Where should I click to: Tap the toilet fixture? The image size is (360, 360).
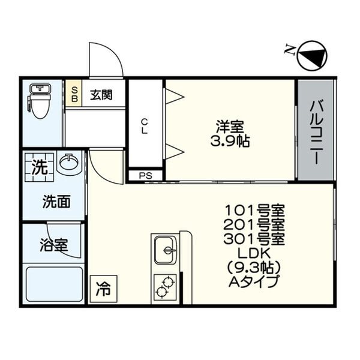coord(40,102)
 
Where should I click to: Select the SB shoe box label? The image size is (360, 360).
coord(74,94)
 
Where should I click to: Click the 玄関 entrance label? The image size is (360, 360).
coord(101,94)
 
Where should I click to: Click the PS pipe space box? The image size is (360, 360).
coord(145,176)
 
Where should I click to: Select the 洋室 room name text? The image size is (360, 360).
coord(230,127)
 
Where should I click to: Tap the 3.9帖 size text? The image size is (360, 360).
coord(230,142)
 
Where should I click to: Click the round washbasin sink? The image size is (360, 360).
coord(70,163)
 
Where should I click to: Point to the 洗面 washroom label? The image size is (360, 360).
coord(55,202)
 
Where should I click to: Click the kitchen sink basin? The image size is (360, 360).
coord(165,250)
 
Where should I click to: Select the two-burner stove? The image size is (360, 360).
coord(165,287)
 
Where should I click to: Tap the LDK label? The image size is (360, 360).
coord(254,253)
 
